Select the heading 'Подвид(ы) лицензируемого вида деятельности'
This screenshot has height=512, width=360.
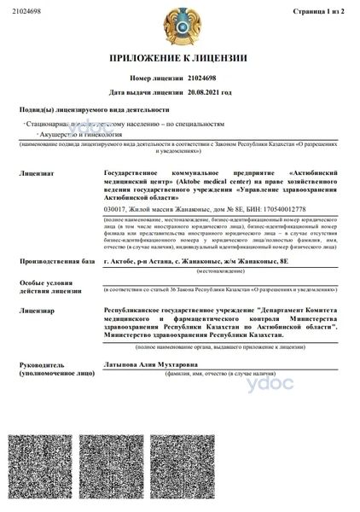click(94, 110)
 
